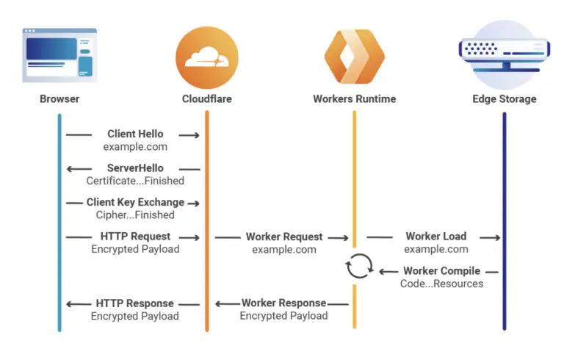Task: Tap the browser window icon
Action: click(59, 54)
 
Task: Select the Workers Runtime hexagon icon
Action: click(355, 56)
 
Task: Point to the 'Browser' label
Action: click(59, 98)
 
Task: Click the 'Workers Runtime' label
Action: click(355, 98)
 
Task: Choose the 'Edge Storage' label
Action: click(504, 98)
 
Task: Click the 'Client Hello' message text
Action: click(135, 134)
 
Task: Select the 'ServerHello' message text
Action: click(135, 168)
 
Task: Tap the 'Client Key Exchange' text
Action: click(135, 203)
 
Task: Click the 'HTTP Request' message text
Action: click(135, 237)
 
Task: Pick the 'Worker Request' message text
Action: click(284, 237)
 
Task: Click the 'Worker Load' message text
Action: click(435, 237)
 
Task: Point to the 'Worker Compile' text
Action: click(441, 271)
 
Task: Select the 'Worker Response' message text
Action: click(284, 303)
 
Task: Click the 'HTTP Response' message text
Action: click(135, 303)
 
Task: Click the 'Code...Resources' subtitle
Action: click(441, 284)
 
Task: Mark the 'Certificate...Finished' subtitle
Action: click(135, 181)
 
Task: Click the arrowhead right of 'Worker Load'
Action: click(497, 237)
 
